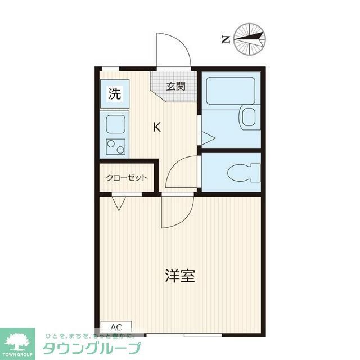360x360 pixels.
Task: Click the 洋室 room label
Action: (x=180, y=276)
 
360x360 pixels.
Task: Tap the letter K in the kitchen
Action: (x=157, y=127)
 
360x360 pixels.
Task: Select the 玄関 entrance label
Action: (x=175, y=86)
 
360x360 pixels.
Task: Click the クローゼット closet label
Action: (x=127, y=178)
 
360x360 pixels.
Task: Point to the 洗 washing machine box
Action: (x=114, y=94)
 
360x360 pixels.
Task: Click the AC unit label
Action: (x=116, y=327)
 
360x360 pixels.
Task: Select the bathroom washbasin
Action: (x=248, y=116)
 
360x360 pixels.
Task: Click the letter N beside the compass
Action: (x=225, y=39)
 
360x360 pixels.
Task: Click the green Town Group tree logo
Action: (x=17, y=340)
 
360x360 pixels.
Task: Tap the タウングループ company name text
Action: (x=91, y=348)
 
